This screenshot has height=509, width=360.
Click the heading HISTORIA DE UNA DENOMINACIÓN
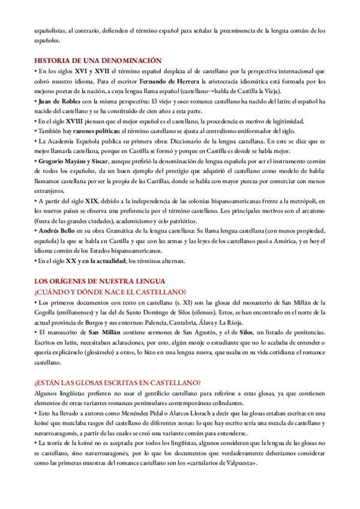pos(98,61)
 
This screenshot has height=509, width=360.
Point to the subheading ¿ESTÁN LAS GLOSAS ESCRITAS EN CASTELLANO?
pos(117,382)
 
